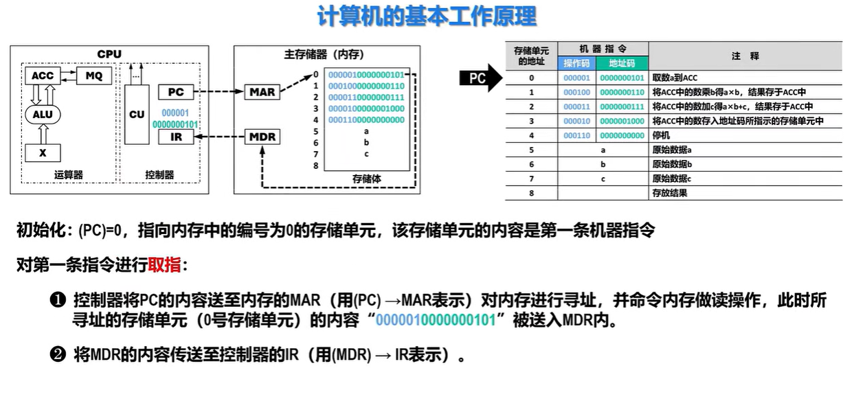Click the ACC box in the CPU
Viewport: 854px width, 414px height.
42,76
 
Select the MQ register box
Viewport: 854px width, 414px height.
93,76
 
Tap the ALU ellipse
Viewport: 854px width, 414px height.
43,114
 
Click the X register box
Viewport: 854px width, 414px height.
43,152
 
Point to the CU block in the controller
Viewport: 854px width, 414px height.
137,115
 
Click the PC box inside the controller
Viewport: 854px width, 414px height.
176,92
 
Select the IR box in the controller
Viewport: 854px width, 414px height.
176,137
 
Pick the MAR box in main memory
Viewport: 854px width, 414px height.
262,92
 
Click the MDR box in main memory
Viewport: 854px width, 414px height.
262,137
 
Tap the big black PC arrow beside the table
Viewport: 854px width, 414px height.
481,78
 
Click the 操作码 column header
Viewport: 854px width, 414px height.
577,63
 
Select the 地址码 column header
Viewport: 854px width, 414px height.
622,63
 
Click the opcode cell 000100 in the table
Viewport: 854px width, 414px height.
577,92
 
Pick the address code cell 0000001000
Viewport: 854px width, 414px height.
622,121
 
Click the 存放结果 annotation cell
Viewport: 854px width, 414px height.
669,193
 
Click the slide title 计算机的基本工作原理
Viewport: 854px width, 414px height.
427,16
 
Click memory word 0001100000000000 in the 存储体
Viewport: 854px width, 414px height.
366,119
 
